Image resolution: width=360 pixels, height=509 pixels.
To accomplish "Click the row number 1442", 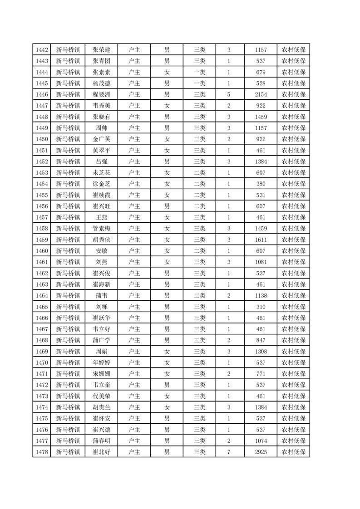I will pos(42,50).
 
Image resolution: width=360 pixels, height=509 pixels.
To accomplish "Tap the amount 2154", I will pos(261,94).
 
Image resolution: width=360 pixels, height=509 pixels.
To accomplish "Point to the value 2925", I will pos(261,452).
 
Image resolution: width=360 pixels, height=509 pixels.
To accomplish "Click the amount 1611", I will pos(261,240).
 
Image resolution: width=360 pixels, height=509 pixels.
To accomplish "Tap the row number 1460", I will pos(42,251).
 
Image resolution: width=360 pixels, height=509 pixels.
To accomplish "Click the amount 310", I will pos(261,307).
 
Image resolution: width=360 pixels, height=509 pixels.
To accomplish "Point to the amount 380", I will pos(261,184).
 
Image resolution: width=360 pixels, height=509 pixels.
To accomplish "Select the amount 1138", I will pos(261,295).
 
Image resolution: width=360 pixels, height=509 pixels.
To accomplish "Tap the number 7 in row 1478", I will pos(229,452).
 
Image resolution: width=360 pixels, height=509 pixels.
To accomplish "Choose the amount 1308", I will pos(261,351).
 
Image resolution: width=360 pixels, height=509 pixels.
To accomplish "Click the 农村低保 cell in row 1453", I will pos(293,172).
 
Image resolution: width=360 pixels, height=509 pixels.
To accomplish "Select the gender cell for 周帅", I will pos(167,128).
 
